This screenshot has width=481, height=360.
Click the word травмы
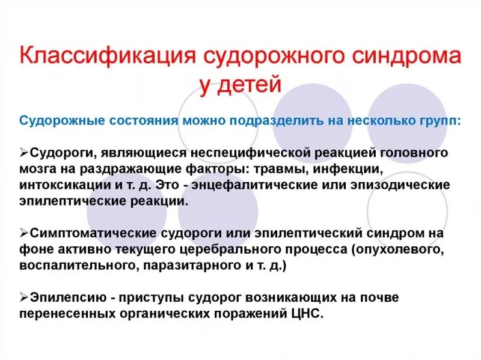point(285,169)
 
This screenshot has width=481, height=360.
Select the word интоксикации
point(63,185)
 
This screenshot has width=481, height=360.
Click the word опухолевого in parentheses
point(400,249)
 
